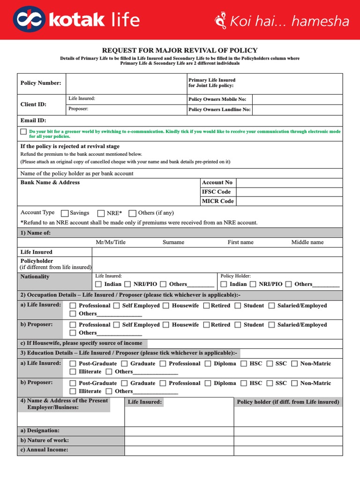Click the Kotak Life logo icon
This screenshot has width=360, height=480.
29,20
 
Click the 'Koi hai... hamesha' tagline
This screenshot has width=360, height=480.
283,21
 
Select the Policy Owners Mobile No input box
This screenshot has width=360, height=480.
297,99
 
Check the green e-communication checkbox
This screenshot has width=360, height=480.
23,132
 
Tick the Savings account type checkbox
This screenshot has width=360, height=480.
65,213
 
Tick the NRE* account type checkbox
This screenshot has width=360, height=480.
101,213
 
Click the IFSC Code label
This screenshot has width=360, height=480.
216,192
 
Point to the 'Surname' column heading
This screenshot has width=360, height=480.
173,242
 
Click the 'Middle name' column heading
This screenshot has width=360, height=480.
307,242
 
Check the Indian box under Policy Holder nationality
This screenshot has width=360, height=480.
224,284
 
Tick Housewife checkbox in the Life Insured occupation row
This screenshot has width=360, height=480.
166,306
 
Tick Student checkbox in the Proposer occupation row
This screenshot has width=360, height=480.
238,325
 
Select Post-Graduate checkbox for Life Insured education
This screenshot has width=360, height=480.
73,364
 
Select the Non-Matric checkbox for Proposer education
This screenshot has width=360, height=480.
294,383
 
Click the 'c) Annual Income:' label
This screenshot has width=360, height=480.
44,450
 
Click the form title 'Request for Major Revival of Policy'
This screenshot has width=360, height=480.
180,51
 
